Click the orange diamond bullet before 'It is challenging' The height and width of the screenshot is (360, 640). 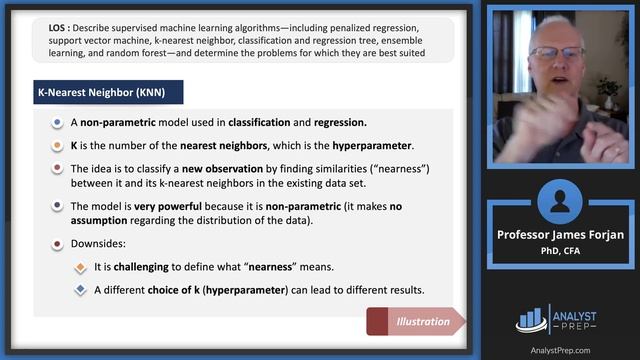tap(80, 267)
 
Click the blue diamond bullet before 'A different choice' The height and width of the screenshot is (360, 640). tap(80, 291)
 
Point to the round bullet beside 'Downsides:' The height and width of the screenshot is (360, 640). tap(57, 243)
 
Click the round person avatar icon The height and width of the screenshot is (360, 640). tap(559, 200)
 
